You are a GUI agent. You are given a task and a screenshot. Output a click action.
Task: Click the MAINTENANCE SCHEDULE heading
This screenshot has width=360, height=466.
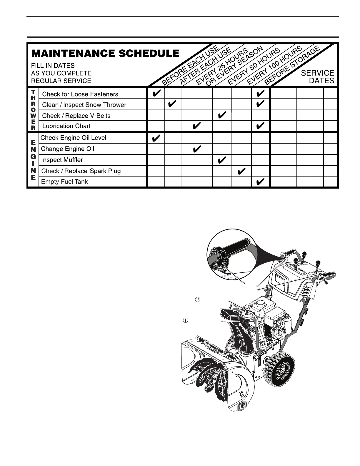(105, 54)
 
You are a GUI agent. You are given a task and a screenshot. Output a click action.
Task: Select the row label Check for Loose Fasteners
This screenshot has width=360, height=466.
(80, 94)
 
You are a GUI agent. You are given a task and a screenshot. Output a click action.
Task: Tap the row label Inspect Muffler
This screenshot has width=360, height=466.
(62, 160)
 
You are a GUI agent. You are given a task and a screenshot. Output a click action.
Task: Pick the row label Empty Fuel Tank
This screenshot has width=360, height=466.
(64, 182)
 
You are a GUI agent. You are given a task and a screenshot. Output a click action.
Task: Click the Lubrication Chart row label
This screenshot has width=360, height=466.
(66, 126)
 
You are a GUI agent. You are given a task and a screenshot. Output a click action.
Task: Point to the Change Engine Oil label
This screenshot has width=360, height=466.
(67, 149)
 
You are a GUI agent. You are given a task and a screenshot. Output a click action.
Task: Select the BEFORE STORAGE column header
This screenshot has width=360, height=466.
(292, 65)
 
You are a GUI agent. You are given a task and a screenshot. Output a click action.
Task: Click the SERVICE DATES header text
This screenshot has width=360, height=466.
(318, 77)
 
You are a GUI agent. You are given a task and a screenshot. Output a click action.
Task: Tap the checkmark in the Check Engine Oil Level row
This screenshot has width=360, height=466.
(156, 138)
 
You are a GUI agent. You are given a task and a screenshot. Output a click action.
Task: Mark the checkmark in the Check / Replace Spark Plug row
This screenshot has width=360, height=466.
(241, 171)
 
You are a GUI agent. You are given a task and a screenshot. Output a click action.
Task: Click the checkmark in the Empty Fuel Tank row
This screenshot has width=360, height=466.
(260, 182)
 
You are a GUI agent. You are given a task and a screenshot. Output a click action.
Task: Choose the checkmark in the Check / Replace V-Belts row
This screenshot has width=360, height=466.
(222, 115)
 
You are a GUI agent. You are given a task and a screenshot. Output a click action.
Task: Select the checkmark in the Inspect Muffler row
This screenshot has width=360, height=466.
(222, 160)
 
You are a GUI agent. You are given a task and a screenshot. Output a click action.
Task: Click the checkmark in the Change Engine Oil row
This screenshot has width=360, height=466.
(196, 149)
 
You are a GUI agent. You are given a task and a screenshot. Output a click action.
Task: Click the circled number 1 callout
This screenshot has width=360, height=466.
(185, 320)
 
